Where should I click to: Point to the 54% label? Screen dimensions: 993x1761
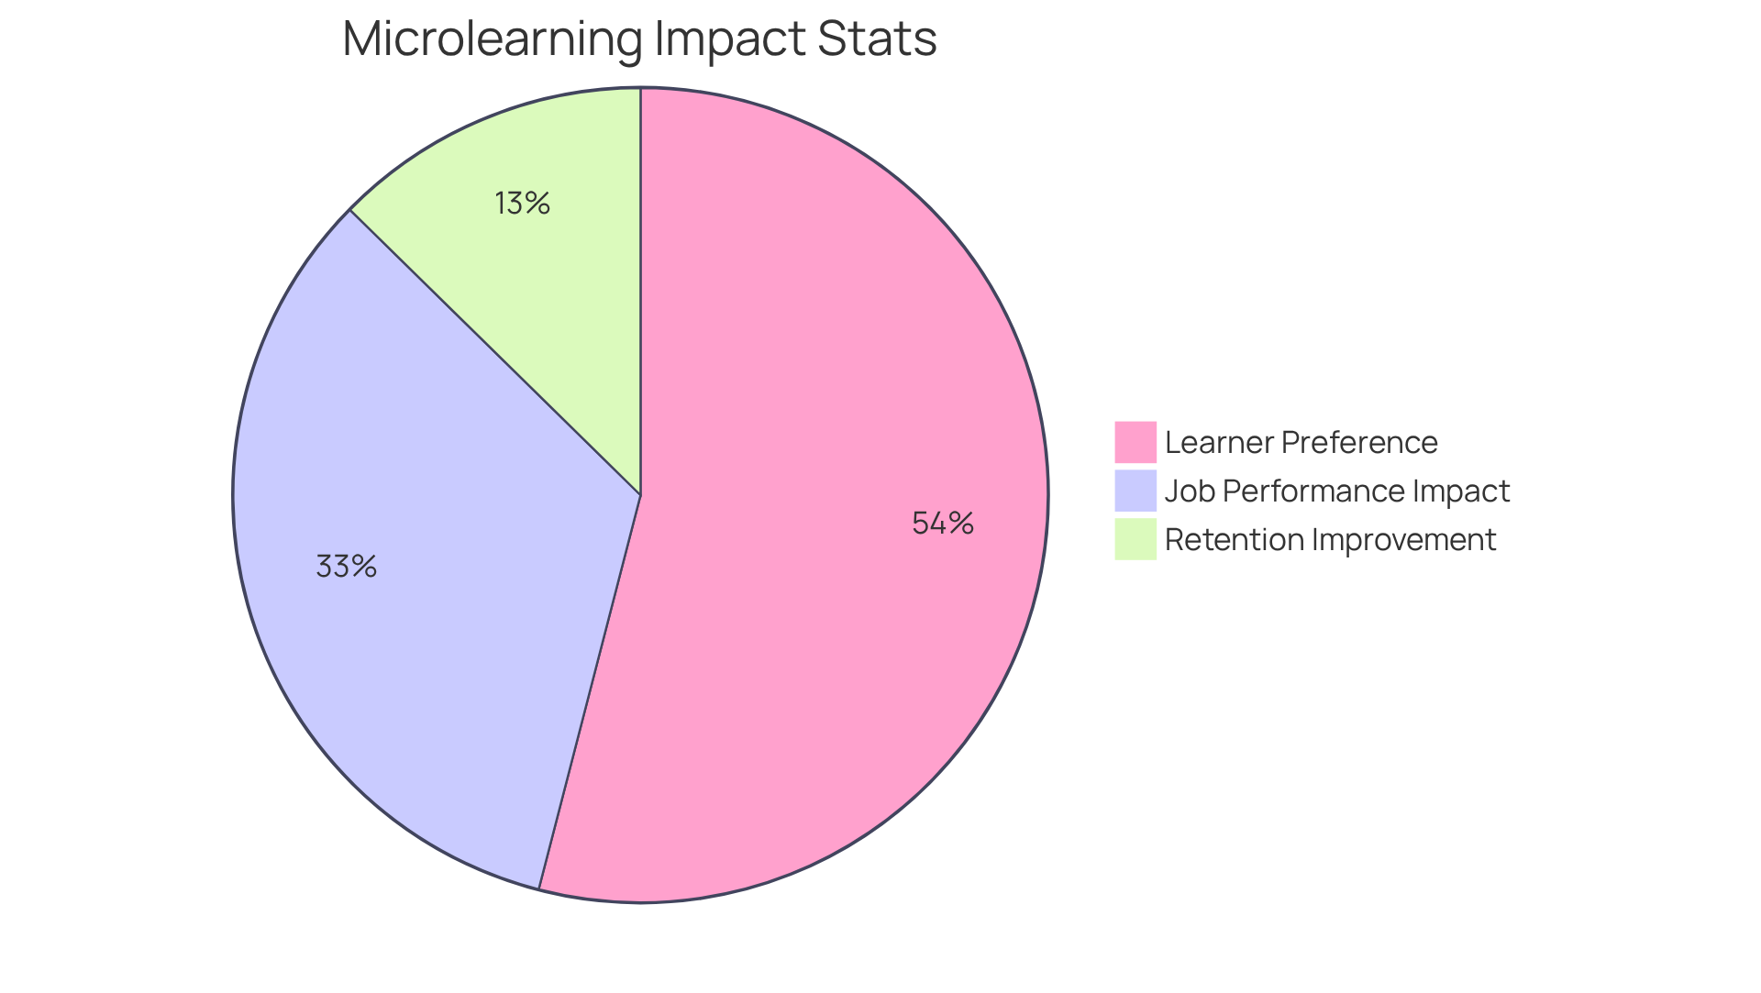click(x=942, y=524)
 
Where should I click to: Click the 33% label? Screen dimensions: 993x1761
click(x=346, y=567)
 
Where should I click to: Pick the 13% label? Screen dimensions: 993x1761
click(x=522, y=204)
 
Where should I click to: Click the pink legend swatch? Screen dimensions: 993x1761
click(x=1135, y=442)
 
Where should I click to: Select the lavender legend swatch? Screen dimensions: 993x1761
click(x=1135, y=491)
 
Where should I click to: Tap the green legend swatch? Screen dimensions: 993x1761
click(x=1135, y=539)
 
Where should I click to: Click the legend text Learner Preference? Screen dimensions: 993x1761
click(x=1301, y=443)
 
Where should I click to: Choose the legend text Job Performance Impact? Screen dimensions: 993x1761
click(x=1336, y=491)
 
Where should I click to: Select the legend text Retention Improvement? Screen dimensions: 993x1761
click(x=1330, y=540)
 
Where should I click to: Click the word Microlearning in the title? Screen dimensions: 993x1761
click(x=490, y=39)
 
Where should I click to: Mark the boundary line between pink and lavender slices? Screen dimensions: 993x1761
click(x=590, y=692)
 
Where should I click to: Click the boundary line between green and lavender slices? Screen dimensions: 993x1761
click(x=495, y=352)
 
